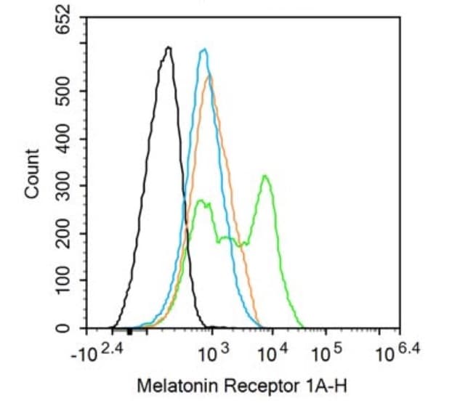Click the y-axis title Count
coord(32,173)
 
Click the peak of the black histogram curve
coord(169,47)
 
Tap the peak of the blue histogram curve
coord(205,49)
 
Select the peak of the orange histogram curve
coord(210,76)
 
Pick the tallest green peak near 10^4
coord(266,176)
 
